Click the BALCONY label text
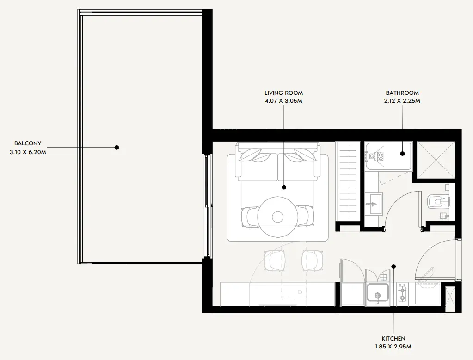(x=28, y=143)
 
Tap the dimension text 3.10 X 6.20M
(x=28, y=152)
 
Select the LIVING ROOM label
(x=283, y=93)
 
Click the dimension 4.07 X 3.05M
(x=283, y=101)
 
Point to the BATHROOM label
(x=402, y=93)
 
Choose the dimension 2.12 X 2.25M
(x=402, y=101)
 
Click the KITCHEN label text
(x=393, y=339)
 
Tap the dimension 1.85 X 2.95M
(x=393, y=347)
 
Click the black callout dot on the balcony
(x=117, y=148)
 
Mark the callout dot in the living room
(x=284, y=187)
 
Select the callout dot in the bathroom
(x=402, y=154)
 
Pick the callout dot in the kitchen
(x=393, y=267)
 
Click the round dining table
(x=276, y=217)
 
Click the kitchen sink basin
(x=378, y=292)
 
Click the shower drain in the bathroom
(x=372, y=156)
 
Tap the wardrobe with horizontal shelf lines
(x=348, y=181)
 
